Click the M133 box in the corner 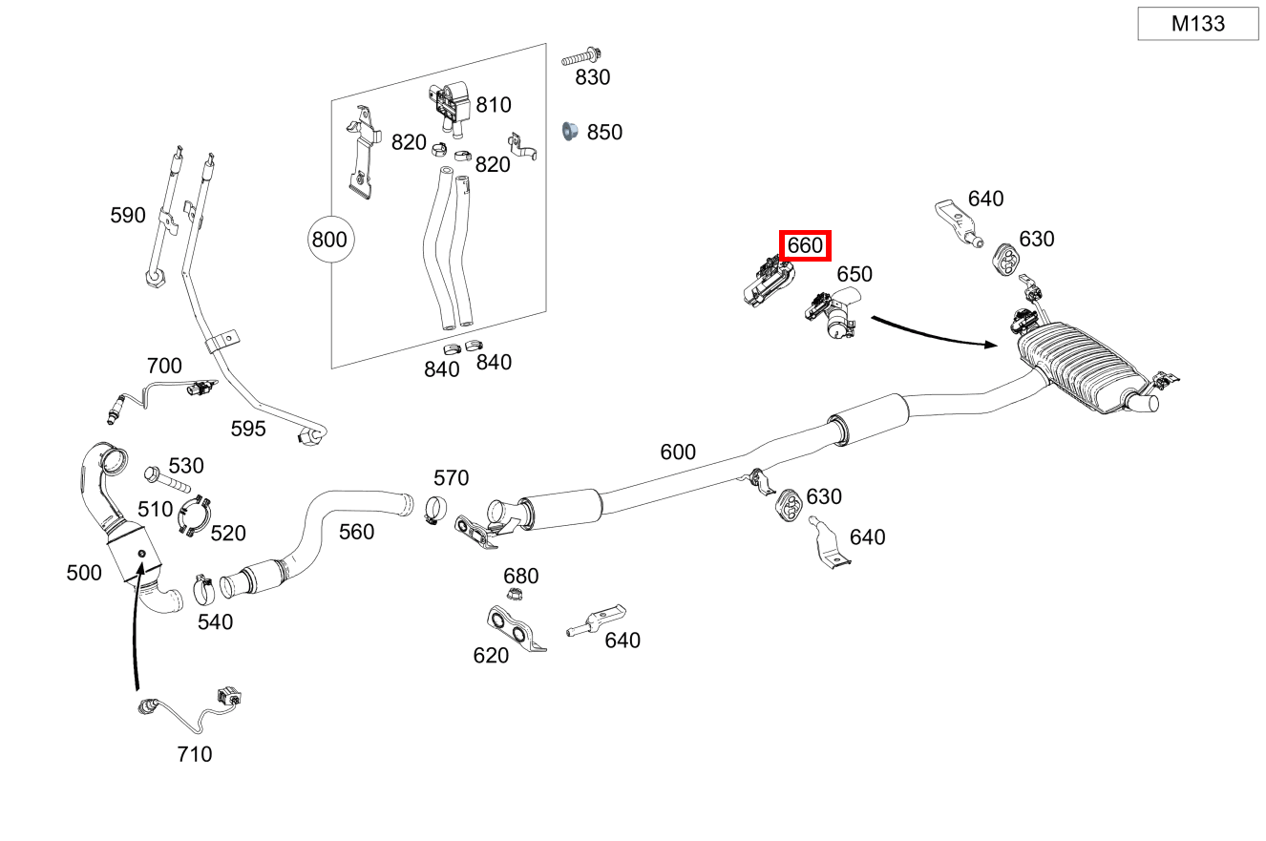pyautogui.click(x=1197, y=24)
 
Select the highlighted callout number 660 pyautogui.click(x=805, y=245)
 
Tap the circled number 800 pyautogui.click(x=329, y=239)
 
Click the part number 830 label pyautogui.click(x=592, y=77)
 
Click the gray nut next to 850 pyautogui.click(x=570, y=131)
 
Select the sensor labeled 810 pyautogui.click(x=449, y=103)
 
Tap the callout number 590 pyautogui.click(x=128, y=216)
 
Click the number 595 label pyautogui.click(x=248, y=429)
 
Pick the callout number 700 pyautogui.click(x=164, y=366)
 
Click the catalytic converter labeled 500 pyautogui.click(x=129, y=535)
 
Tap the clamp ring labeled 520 pyautogui.click(x=195, y=515)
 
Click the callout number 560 pyautogui.click(x=356, y=532)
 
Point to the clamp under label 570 pyautogui.click(x=435, y=510)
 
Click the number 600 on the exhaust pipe pyautogui.click(x=678, y=452)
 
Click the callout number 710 pyautogui.click(x=194, y=754)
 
